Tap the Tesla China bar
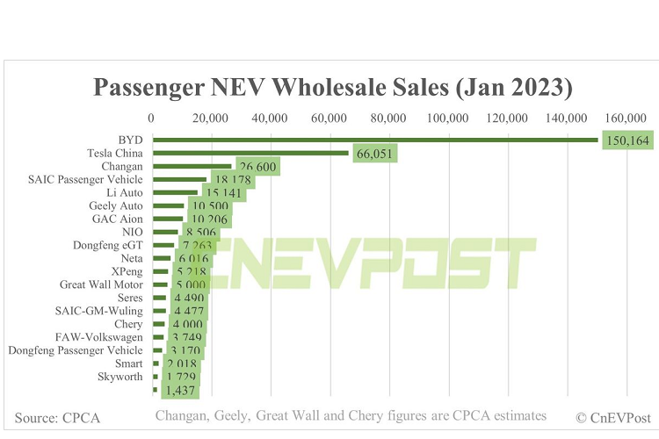pyautogui.click(x=251, y=153)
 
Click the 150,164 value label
pyautogui.click(x=629, y=140)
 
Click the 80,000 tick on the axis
pyautogui.click(x=388, y=119)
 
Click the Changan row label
pyautogui.click(x=124, y=165)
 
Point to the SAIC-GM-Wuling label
pyautogui.click(x=101, y=311)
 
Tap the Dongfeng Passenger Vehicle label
pyautogui.click(x=76, y=350)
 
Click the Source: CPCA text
pyautogui.click(x=57, y=416)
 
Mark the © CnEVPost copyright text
pyautogui.click(x=612, y=416)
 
